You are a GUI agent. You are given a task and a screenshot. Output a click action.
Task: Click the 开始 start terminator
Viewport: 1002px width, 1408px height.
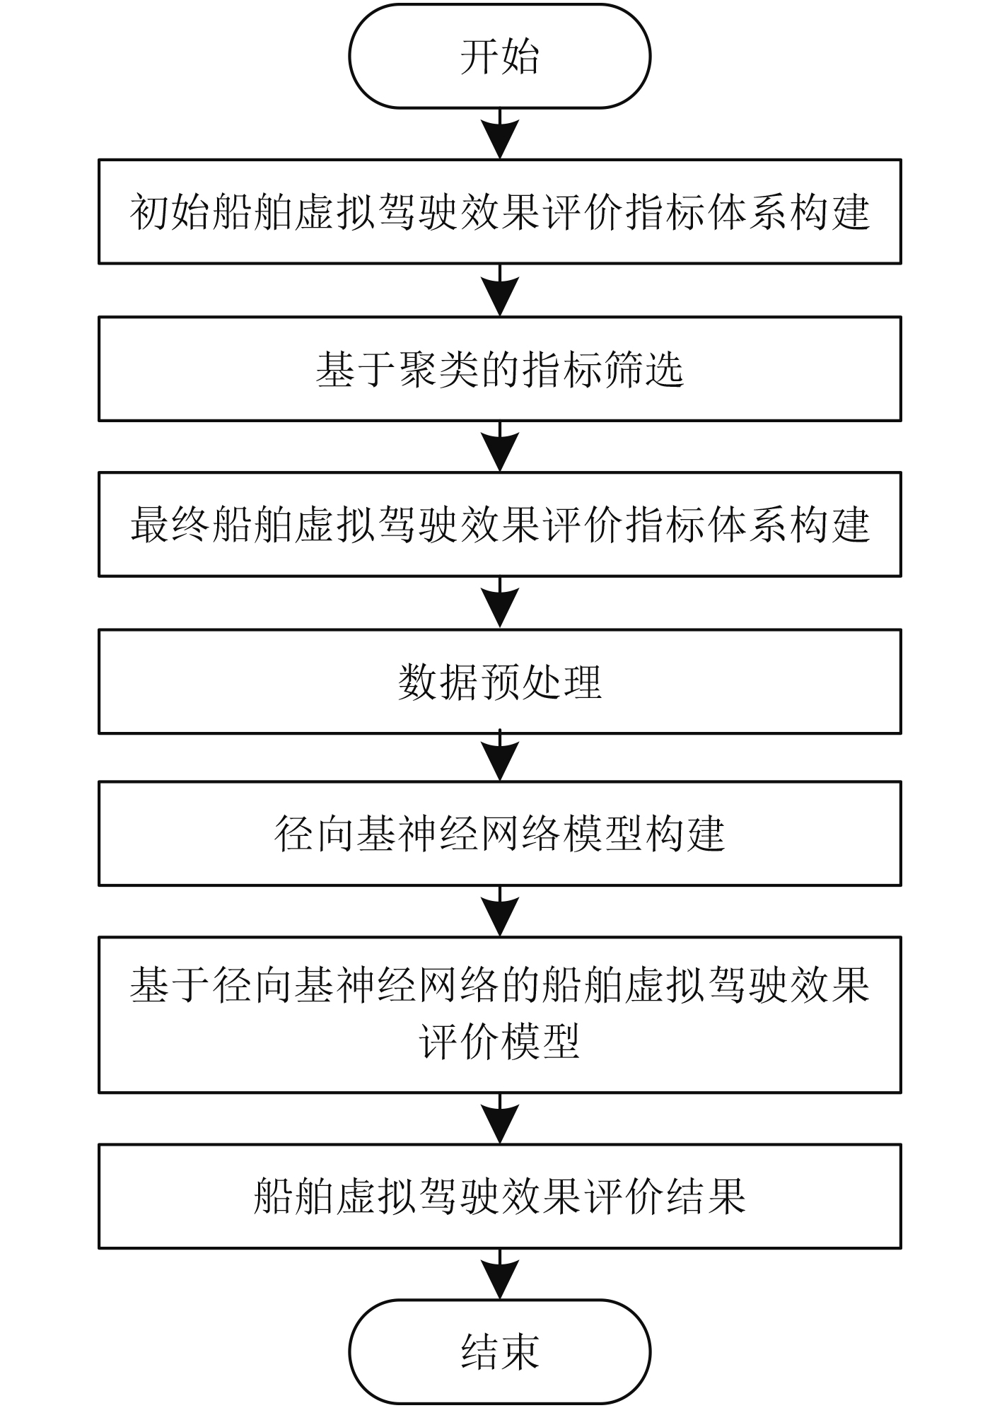pos(499,57)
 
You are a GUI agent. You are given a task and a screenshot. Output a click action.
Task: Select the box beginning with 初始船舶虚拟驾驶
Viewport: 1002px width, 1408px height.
pos(499,211)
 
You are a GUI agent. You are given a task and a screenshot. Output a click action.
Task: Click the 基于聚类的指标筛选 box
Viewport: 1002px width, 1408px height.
pos(499,368)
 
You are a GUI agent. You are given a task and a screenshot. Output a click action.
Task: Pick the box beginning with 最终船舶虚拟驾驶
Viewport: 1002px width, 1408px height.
pos(499,524)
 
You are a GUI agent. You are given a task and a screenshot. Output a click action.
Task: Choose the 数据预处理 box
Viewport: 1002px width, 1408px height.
pos(499,681)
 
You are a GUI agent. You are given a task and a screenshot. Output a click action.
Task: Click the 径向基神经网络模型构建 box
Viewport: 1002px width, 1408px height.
pos(499,833)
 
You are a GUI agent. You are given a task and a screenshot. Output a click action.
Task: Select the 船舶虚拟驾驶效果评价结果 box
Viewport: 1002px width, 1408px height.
pos(499,1195)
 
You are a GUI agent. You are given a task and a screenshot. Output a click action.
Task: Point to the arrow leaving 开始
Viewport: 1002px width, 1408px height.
pos(500,134)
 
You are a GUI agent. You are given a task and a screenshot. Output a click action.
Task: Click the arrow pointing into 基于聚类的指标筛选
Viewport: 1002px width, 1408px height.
pos(500,291)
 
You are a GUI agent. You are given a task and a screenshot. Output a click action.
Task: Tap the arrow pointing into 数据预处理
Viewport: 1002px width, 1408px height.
pos(500,603)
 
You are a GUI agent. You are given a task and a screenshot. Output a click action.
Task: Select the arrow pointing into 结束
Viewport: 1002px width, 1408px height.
pos(500,1275)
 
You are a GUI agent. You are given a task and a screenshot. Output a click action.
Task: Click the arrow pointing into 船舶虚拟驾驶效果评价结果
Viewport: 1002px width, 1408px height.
pos(500,1119)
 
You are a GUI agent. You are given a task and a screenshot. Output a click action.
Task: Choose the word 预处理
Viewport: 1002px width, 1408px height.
pos(541,682)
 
